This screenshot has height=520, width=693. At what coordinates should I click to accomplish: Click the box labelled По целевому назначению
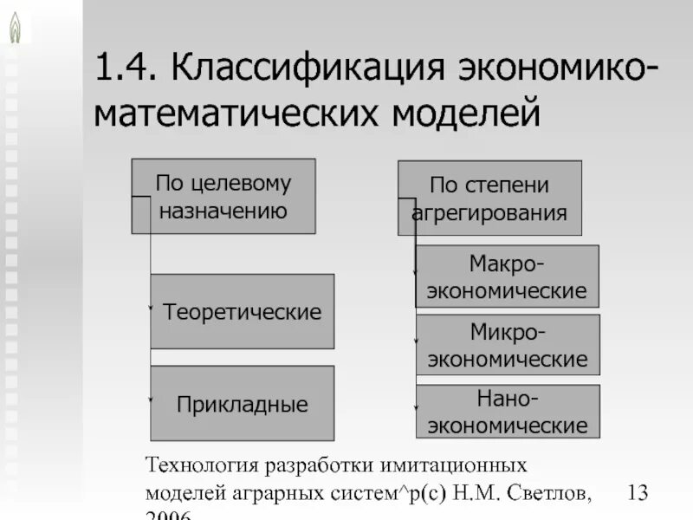click(x=223, y=196)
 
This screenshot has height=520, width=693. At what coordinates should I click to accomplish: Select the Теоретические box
click(x=242, y=311)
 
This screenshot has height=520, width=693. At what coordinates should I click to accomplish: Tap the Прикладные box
click(x=242, y=403)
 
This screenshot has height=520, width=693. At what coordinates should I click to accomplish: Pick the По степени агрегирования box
click(x=489, y=198)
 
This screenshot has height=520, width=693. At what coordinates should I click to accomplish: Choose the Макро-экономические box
click(x=507, y=276)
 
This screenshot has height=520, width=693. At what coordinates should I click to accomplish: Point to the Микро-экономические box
click(x=507, y=345)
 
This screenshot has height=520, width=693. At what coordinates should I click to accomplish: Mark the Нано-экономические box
click(x=507, y=412)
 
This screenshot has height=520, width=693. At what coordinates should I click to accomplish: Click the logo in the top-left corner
click(x=15, y=25)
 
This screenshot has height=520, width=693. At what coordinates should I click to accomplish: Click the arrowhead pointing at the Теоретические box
click(x=150, y=308)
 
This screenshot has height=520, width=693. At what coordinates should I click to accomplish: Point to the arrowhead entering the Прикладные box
click(x=150, y=400)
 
